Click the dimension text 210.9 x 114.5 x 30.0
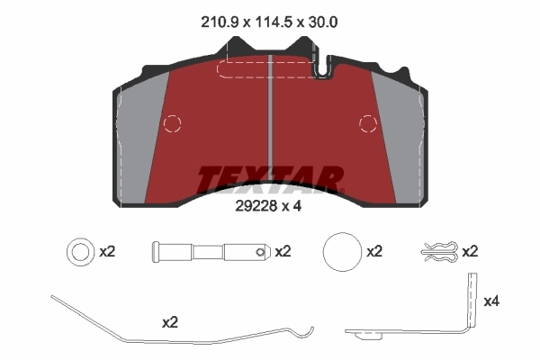(270, 20)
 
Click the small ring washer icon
(78, 252)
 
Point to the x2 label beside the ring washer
(106, 252)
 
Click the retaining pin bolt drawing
(211, 252)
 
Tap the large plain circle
(340, 251)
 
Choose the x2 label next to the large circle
(375, 252)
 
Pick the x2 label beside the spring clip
(469, 252)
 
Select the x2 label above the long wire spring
(170, 320)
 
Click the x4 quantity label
(492, 301)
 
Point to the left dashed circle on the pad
(173, 123)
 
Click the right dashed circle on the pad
(367, 123)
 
